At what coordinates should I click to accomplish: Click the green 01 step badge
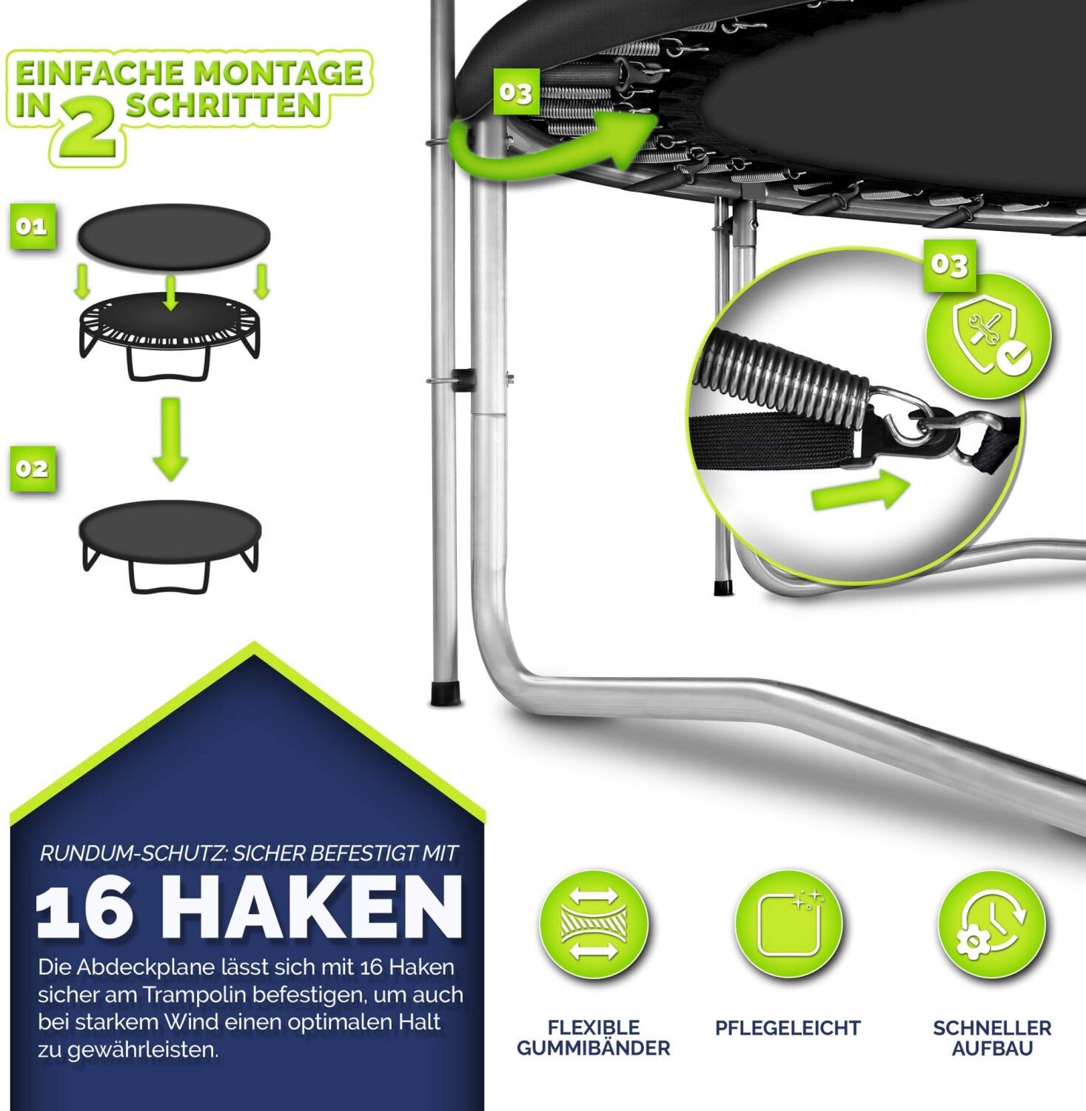(x=33, y=226)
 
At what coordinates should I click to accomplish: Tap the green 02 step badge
(x=33, y=468)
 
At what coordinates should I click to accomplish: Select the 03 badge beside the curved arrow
(x=516, y=93)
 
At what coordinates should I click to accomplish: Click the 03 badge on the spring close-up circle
(x=950, y=264)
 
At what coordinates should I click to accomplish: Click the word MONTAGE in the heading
(x=278, y=73)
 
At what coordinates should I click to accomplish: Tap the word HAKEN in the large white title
(x=319, y=907)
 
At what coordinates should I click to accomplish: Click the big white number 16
(x=85, y=909)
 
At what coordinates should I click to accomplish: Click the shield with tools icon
(x=988, y=337)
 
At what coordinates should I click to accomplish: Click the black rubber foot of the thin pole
(x=445, y=693)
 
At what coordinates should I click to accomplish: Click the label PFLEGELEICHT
(x=788, y=1028)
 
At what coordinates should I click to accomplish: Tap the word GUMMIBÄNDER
(x=594, y=1048)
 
